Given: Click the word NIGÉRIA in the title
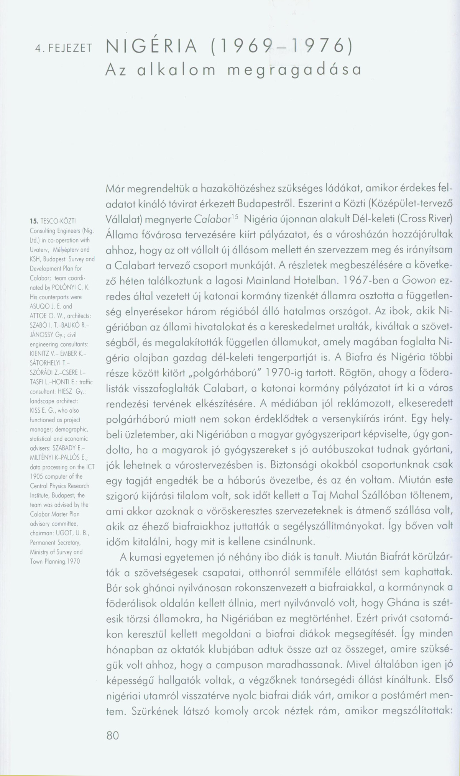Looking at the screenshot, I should (152, 47).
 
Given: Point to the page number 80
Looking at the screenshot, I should (113, 735).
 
